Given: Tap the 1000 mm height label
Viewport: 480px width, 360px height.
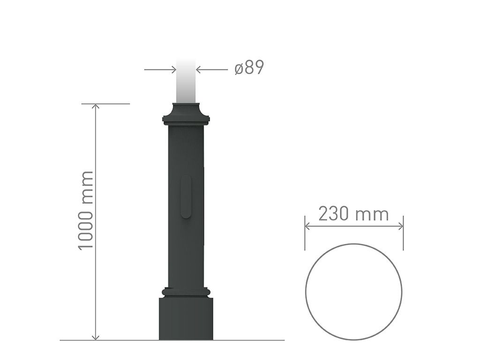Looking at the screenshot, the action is click(85, 210).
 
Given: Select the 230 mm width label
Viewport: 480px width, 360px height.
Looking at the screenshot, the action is click(353, 214).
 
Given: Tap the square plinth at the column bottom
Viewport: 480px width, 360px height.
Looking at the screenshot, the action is click(186, 318).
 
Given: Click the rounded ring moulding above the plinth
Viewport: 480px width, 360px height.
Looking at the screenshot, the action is click(186, 292).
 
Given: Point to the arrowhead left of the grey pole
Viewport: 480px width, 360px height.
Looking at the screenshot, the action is click(173, 70).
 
